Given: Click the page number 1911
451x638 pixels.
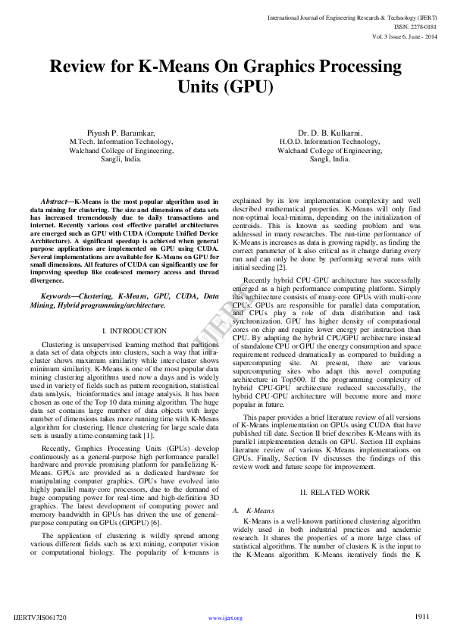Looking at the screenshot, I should coord(421,616).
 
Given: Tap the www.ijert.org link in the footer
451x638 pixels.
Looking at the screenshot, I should coord(225,618).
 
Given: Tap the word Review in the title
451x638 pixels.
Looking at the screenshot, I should coord(79,66).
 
